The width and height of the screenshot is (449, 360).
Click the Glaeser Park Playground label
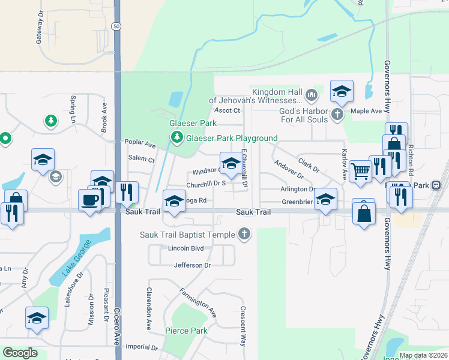click(232, 138)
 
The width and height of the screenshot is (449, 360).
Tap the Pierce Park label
click(186, 331)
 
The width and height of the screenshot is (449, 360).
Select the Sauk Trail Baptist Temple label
click(188, 234)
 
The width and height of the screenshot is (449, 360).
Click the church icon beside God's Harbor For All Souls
click(337, 114)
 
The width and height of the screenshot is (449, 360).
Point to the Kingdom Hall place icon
click(312, 94)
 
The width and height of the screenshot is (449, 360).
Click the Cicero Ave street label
click(116, 328)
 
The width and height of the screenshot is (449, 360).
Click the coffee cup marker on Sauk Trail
click(89, 199)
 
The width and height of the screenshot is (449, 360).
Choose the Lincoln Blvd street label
click(186, 248)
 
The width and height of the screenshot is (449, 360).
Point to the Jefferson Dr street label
click(192, 265)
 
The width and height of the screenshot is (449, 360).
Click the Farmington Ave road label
click(197, 302)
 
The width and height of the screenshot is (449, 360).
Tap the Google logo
click(20, 353)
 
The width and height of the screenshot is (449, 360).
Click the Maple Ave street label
click(366, 111)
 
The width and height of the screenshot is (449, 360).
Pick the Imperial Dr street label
click(142, 347)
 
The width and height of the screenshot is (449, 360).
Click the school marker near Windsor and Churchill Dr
click(231, 163)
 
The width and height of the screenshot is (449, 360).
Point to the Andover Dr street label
click(289, 169)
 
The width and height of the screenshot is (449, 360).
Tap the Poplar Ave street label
click(140, 145)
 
